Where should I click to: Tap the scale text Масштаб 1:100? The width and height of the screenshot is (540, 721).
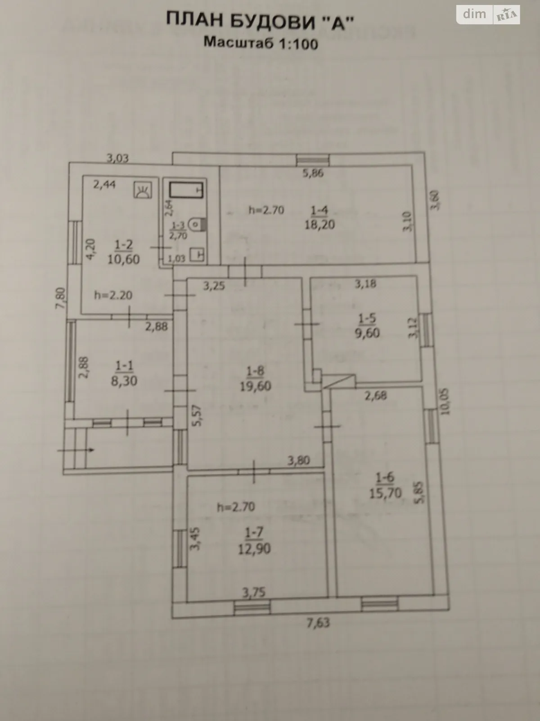pyautogui.click(x=261, y=43)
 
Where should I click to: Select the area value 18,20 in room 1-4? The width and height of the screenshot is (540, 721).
pyautogui.click(x=319, y=224)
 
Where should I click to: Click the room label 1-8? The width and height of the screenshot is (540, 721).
pyautogui.click(x=255, y=371)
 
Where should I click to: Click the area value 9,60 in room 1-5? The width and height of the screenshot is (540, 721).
pyautogui.click(x=367, y=333)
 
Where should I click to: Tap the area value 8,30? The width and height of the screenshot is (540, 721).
pyautogui.click(x=124, y=381)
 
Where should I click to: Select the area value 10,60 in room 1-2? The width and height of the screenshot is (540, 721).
pyautogui.click(x=123, y=260)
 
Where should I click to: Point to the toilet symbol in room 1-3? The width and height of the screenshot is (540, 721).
pyautogui.click(x=197, y=224)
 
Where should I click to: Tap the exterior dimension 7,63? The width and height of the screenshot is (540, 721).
pyautogui.click(x=318, y=623)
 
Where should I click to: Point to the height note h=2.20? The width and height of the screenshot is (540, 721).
pyautogui.click(x=113, y=296)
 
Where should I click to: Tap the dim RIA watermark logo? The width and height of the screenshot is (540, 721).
pyautogui.click(x=488, y=15)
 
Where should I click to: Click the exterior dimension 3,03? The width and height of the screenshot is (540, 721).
pyautogui.click(x=117, y=158)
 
